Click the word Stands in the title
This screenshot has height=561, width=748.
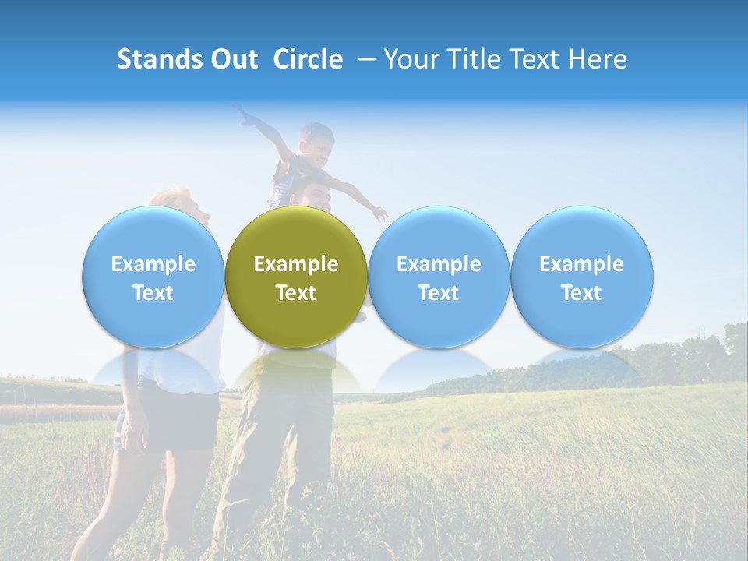pyautogui.click(x=160, y=59)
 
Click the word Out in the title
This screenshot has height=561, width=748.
pyautogui.click(x=234, y=59)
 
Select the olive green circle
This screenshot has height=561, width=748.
pyautogui.click(x=296, y=277)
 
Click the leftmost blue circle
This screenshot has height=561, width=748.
pyautogui.click(x=153, y=277)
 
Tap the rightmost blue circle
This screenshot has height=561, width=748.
pyautogui.click(x=582, y=277)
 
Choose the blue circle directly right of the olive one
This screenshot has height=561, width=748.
pyautogui.click(x=439, y=277)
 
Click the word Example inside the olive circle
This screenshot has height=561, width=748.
pyautogui.click(x=296, y=264)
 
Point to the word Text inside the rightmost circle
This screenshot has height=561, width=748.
pyautogui.click(x=582, y=293)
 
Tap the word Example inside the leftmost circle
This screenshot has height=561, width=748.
pyautogui.click(x=153, y=264)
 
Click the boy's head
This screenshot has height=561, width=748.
pyautogui.click(x=316, y=142)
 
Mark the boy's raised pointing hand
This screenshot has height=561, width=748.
pyautogui.click(x=245, y=117)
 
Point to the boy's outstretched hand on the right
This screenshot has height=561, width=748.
pyautogui.click(x=379, y=213)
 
